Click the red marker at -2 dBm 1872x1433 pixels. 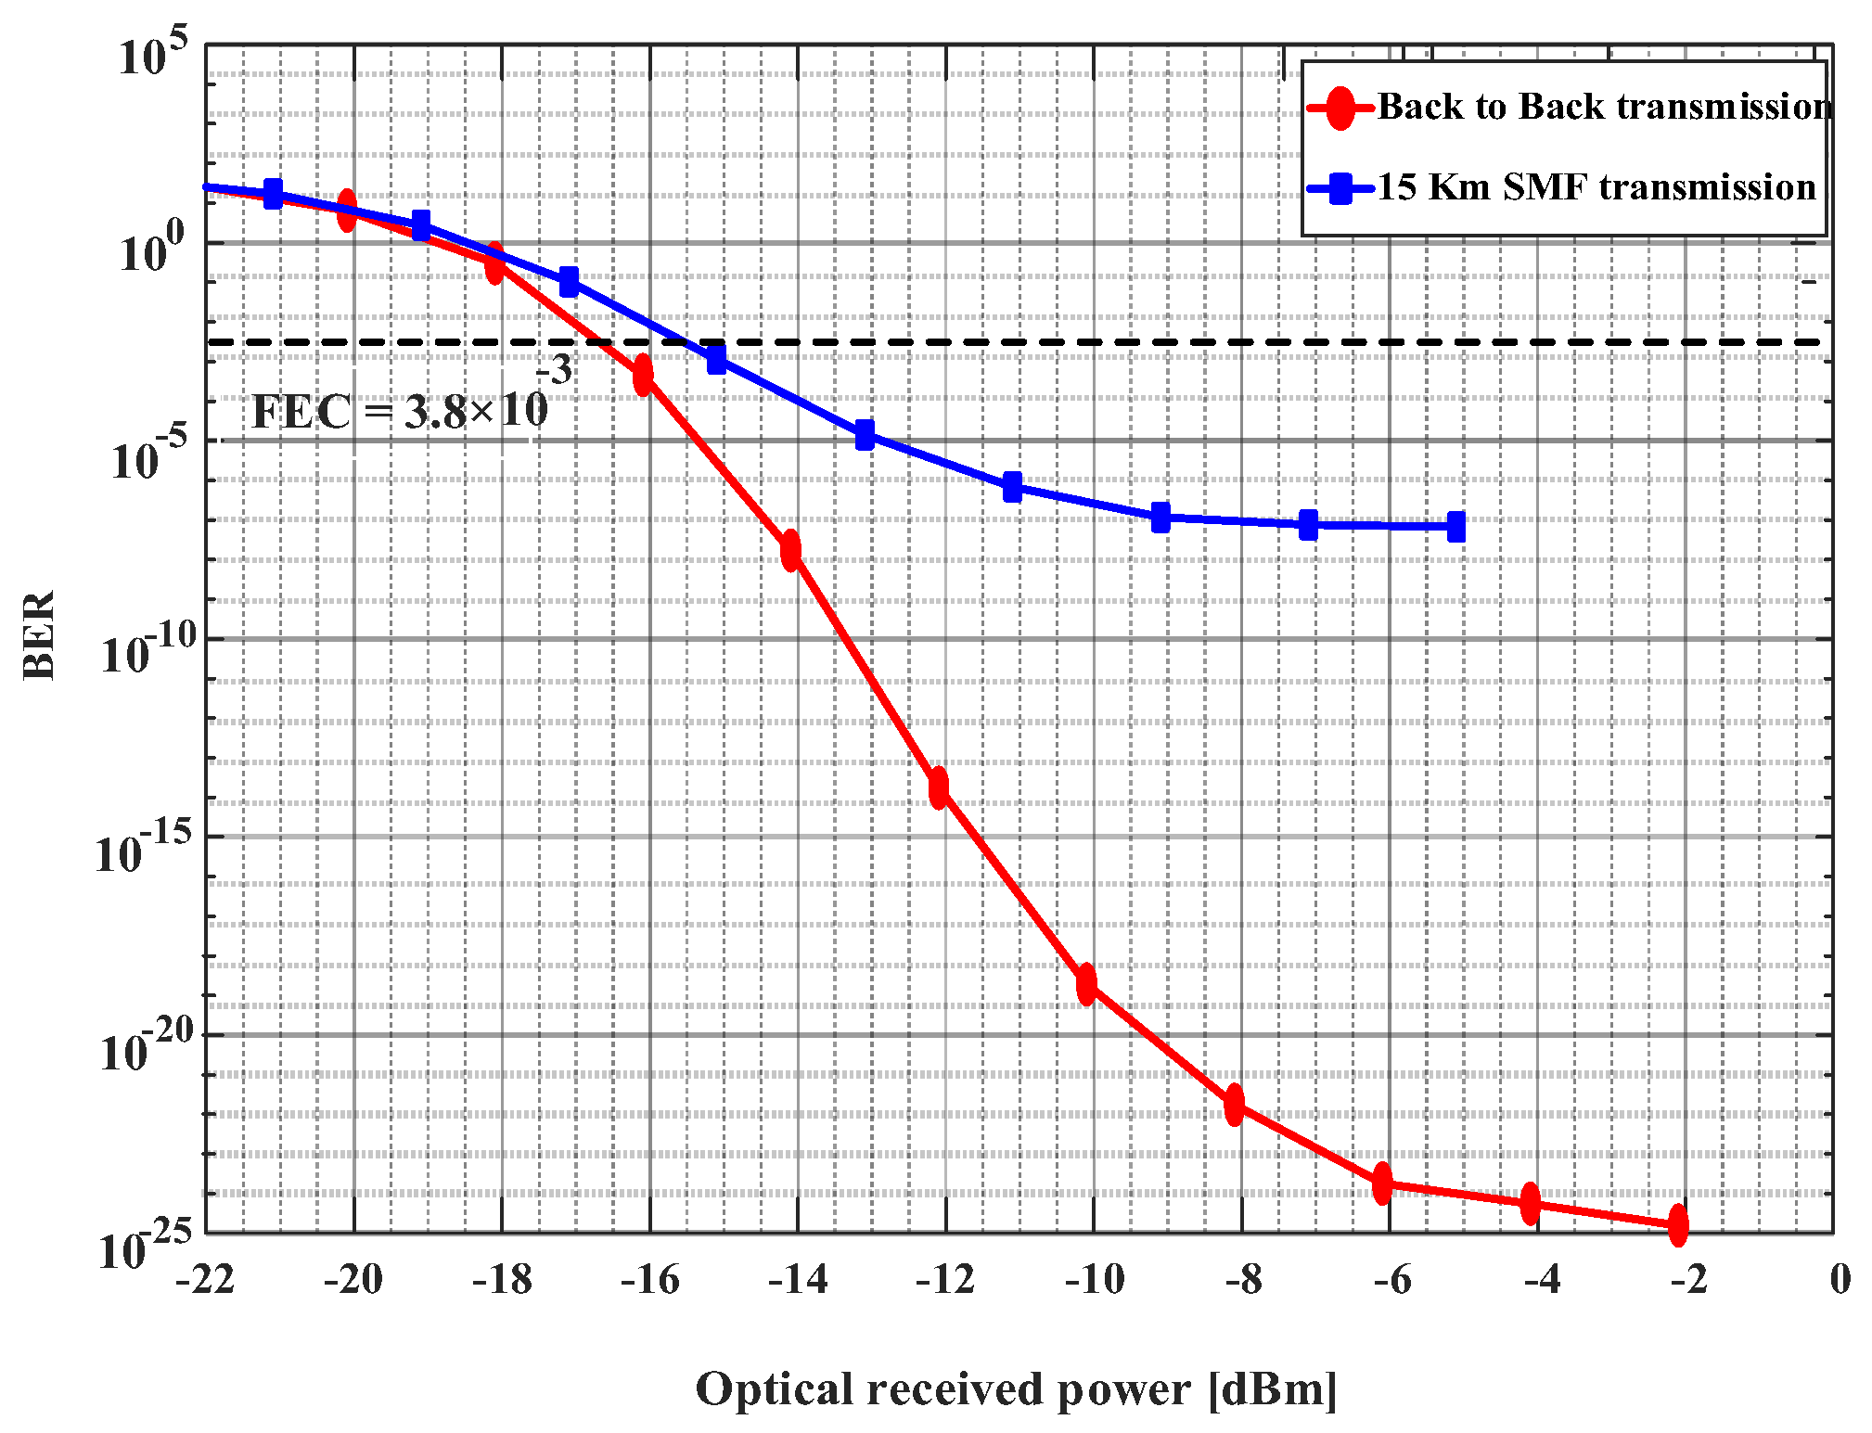pyautogui.click(x=1677, y=1225)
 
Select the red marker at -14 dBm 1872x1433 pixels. pyautogui.click(x=790, y=550)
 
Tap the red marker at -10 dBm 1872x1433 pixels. pyautogui.click(x=1086, y=984)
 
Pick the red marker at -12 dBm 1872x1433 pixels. pyautogui.click(x=939, y=787)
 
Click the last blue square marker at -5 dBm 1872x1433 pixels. pyautogui.click(x=1455, y=527)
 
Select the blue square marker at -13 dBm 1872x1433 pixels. pyautogui.click(x=865, y=434)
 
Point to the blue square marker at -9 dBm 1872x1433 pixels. pyautogui.click(x=1160, y=518)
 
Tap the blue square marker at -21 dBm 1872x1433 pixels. pyautogui.click(x=273, y=194)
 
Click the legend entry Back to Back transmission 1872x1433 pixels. pyautogui.click(x=1603, y=107)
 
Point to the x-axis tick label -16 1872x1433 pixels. pyautogui.click(x=649, y=1280)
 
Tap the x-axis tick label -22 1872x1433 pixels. pyautogui.click(x=205, y=1280)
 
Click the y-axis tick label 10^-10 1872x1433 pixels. pyautogui.click(x=148, y=650)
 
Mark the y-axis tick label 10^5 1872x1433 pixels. pyautogui.click(x=153, y=54)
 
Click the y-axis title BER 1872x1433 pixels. pyautogui.click(x=39, y=635)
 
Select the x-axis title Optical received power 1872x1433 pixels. pyautogui.click(x=1016, y=1389)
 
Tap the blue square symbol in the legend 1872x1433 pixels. pyautogui.click(x=1340, y=188)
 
